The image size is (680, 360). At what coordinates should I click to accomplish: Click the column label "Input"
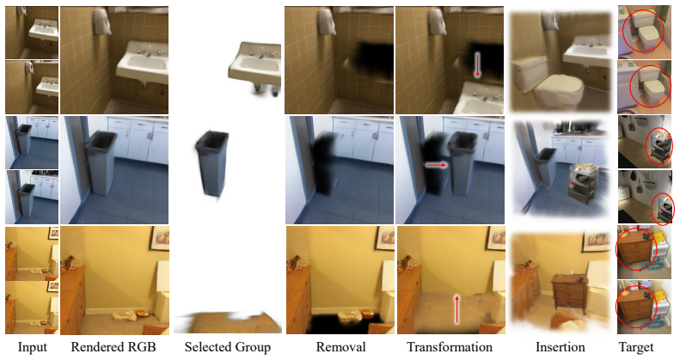pos(32,347)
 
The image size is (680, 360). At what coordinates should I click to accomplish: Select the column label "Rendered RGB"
pos(113,347)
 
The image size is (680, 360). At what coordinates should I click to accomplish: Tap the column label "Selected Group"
pos(228,347)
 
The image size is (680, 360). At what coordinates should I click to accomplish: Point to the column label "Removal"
pos(341,347)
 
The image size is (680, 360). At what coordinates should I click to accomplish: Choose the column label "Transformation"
pos(450,347)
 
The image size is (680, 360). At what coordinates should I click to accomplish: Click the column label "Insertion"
pos(560,347)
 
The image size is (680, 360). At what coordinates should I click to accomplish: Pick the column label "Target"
pos(636,347)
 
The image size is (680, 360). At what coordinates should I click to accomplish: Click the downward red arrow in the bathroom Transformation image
pos(477,65)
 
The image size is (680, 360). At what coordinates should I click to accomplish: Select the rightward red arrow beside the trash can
pos(436,165)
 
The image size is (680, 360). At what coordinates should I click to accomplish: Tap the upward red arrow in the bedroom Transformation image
pos(456,309)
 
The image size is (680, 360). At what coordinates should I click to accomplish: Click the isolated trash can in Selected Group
pos(211,163)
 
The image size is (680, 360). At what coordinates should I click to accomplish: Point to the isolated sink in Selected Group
pos(254,66)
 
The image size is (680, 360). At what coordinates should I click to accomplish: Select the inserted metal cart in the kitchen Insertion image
pos(584,182)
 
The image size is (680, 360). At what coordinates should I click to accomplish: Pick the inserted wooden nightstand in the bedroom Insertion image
pos(569,294)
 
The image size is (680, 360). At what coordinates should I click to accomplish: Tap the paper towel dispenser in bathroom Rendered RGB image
pos(101,21)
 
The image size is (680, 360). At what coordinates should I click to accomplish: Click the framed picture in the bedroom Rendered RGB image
pos(159,237)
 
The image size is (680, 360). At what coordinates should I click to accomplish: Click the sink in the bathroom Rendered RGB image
pos(143,64)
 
